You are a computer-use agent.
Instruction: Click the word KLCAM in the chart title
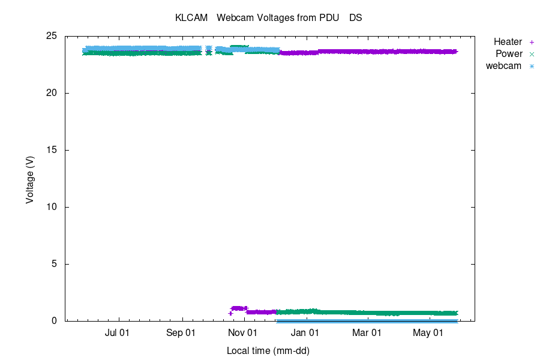tap(191, 18)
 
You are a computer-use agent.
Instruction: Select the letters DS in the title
tap(356, 18)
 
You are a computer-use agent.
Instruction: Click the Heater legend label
tap(508, 42)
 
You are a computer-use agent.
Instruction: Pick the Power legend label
tap(509, 54)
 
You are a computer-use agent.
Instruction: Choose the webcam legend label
tap(503, 66)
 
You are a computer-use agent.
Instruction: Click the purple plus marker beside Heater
tap(531, 42)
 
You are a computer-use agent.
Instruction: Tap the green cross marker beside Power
tap(531, 54)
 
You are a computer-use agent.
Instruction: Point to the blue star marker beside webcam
tap(531, 66)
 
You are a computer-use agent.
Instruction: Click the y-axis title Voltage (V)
tap(29, 179)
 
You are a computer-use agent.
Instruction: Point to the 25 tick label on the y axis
tap(52, 36)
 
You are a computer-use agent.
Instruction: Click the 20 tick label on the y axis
tap(52, 93)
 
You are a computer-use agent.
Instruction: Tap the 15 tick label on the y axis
tap(52, 150)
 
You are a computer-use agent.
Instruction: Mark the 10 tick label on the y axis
tap(52, 207)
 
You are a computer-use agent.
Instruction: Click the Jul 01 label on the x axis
tap(117, 332)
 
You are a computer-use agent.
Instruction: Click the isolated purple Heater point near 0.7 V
tap(230, 313)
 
